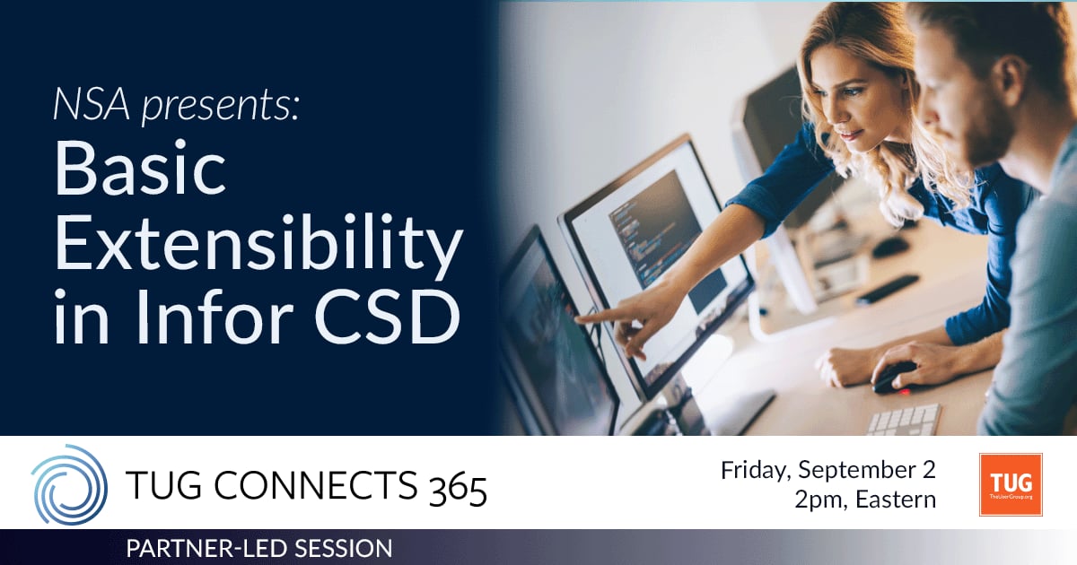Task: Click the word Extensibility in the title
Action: point(258,246)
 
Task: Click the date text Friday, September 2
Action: point(827,470)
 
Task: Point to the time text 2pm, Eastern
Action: point(864,500)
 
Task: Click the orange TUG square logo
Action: point(1011,484)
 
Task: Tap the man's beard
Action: point(987,135)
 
